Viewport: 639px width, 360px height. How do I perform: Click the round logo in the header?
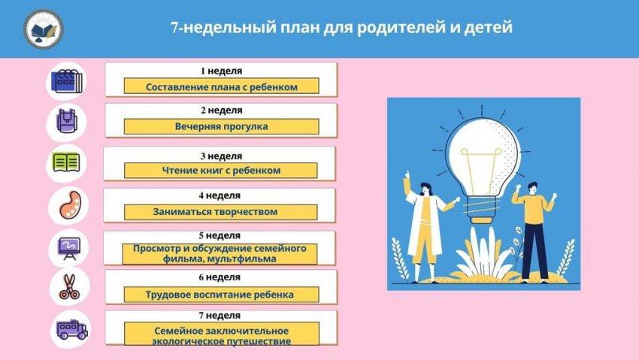(44, 29)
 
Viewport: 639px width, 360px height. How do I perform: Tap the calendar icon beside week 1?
(66, 80)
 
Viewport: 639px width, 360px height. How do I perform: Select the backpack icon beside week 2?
(66, 120)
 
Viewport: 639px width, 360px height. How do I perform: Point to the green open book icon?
(66, 162)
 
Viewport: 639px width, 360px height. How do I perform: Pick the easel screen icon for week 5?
(70, 248)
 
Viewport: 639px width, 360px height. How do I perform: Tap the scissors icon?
(70, 287)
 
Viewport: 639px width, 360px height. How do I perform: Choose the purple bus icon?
(71, 329)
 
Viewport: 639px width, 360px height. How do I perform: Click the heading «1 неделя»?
(221, 71)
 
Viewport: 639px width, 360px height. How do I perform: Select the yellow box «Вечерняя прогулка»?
(221, 127)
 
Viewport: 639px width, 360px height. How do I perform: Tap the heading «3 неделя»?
(221, 156)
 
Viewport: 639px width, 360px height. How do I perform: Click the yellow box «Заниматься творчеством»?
(220, 212)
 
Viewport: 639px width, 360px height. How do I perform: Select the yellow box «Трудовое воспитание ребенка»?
(221, 295)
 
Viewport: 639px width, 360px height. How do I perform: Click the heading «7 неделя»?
(220, 315)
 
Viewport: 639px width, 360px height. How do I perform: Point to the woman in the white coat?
(425, 228)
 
